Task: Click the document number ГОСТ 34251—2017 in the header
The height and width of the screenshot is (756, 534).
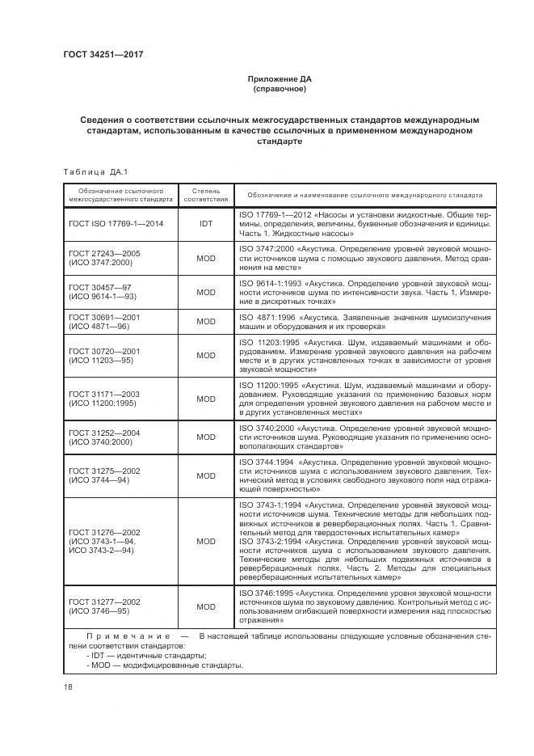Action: [108, 55]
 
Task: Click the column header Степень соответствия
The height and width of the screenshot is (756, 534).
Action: [206, 195]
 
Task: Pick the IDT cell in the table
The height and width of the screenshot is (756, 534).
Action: [206, 223]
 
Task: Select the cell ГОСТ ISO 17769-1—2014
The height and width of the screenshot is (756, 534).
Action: [117, 223]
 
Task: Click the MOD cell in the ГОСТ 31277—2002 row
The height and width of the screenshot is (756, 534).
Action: [206, 606]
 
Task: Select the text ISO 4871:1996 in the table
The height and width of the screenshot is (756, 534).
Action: [267, 317]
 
